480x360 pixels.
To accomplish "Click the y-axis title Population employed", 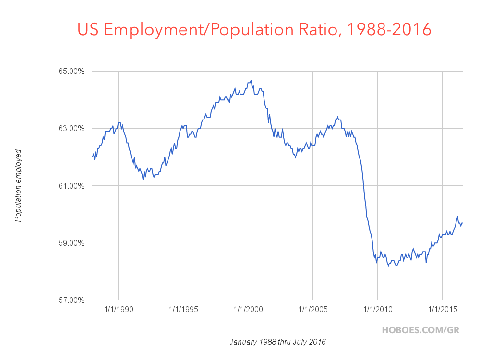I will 18,185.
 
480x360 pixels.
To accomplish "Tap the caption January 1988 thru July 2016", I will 278,342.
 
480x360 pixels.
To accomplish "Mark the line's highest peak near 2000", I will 251,80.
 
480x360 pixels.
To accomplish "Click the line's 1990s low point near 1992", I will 143,180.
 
